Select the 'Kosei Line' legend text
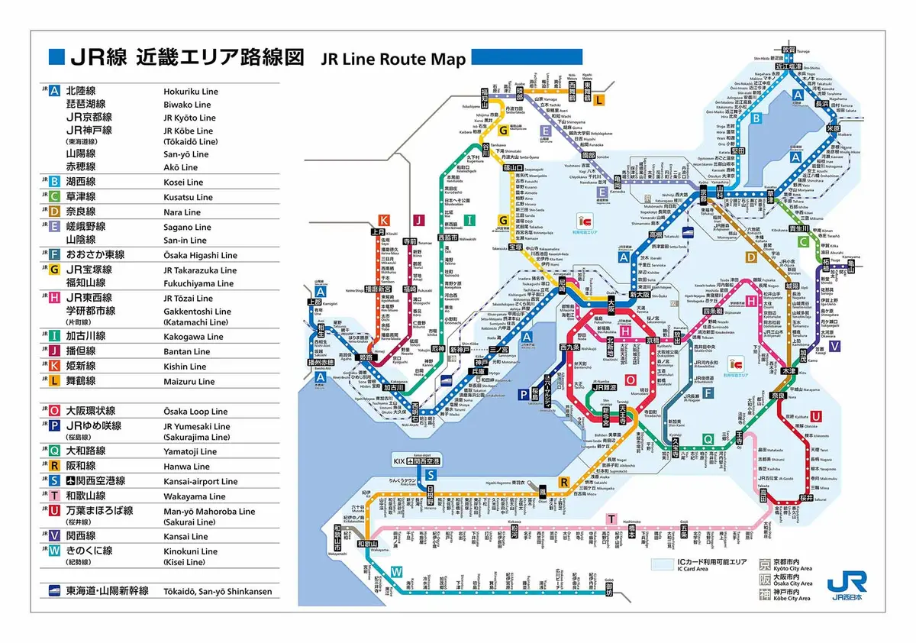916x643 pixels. pos(182,183)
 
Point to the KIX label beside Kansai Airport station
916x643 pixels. pos(398,462)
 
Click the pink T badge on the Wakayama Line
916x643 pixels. pos(611,519)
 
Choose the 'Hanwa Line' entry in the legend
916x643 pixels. pos(186,467)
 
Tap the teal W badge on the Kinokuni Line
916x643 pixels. pos(396,572)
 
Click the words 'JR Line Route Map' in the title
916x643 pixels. pos(393,59)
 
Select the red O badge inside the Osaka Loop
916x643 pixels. pos(630,380)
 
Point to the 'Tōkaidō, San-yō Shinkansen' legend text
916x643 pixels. pos(217,592)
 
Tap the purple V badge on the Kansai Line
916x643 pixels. pos(834,346)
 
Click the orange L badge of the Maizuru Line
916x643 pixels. pos(599,100)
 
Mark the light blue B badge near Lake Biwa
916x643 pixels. pos(756,118)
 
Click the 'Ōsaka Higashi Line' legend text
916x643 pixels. pos(200,256)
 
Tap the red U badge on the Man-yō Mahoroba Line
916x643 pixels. pos(817,415)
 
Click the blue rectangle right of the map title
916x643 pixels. pos(527,56)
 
